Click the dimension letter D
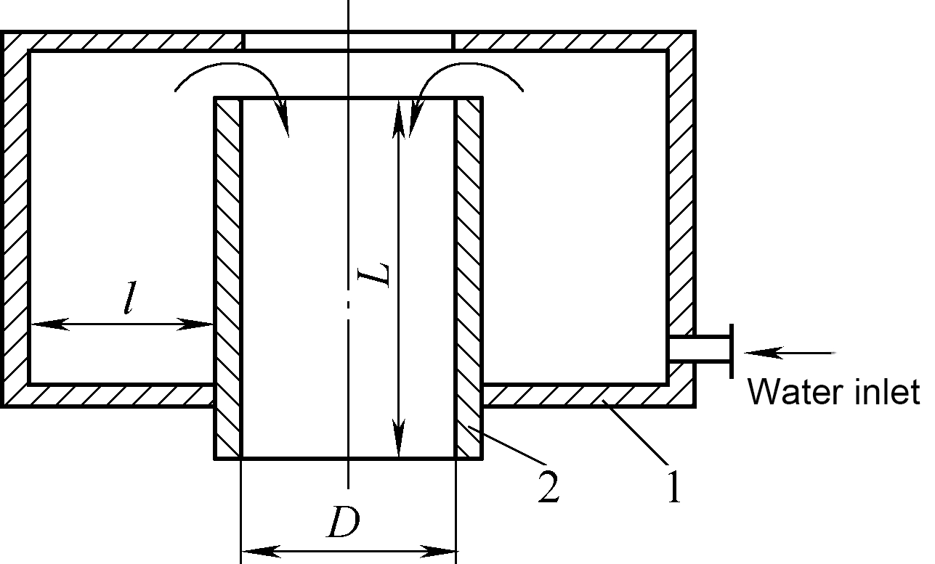tap(344, 522)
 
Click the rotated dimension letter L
tap(373, 275)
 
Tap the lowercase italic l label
tap(130, 298)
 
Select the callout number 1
tap(673, 486)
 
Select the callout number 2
tap(549, 486)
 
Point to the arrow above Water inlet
tap(790, 353)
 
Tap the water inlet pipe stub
tap(700, 348)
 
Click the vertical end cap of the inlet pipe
tap(732, 351)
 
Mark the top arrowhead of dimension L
tap(399, 118)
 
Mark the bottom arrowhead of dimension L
tap(399, 438)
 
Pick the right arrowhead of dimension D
tap(437, 552)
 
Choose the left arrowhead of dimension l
tap(50, 324)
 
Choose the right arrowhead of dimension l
tap(195, 324)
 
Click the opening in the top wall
tap(348, 41)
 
